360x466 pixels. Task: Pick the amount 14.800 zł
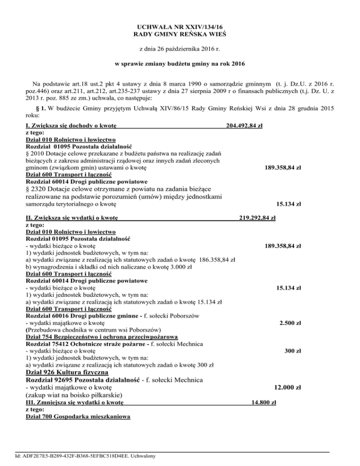click(x=263, y=402)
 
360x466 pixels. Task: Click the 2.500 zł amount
click(x=290, y=323)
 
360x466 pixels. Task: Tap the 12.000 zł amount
click(x=287, y=388)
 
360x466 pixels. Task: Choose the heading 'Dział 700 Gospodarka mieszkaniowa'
click(x=77, y=417)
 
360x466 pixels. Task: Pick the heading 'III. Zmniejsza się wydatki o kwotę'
click(x=75, y=402)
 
